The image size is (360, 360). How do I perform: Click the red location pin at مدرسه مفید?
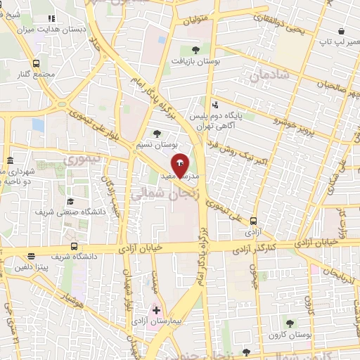point(179,164)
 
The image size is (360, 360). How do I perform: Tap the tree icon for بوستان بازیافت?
point(195,49)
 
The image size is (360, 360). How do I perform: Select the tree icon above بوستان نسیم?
point(157,133)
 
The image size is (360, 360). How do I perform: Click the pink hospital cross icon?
point(156,310)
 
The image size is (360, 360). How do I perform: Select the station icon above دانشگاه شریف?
point(32,257)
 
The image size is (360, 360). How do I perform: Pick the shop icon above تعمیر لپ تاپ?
point(341,32)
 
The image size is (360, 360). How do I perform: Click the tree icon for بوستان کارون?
point(289,323)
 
